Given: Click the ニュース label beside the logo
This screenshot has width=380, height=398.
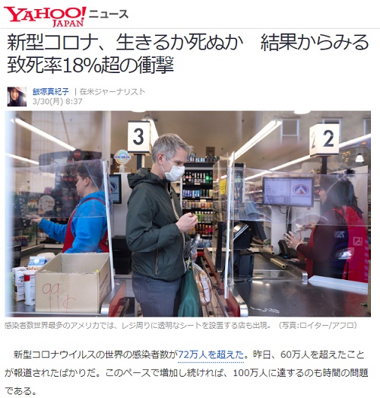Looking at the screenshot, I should tap(109, 14).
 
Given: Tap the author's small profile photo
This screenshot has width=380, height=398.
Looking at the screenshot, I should tap(17, 97).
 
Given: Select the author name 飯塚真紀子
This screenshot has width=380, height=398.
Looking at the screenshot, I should tap(49, 91).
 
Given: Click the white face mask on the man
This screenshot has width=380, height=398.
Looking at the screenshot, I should tap(174, 172).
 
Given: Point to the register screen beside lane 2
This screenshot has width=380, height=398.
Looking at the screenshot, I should tap(288, 191).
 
